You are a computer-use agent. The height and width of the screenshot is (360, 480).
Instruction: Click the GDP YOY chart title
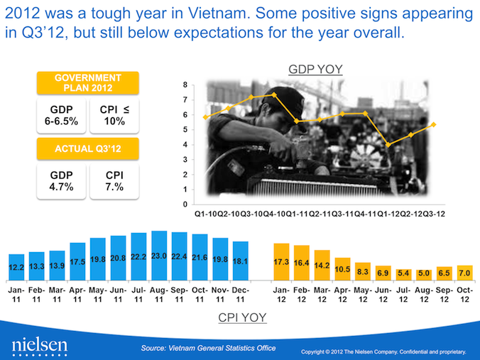coord(315,69)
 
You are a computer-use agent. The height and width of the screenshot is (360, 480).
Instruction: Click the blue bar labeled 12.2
coord(16,264)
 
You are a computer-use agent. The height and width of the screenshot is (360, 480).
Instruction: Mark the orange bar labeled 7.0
coord(465,269)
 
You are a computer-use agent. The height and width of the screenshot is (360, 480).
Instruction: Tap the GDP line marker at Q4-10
coord(274,94)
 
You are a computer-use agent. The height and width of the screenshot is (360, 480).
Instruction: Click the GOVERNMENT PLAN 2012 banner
coord(88,82)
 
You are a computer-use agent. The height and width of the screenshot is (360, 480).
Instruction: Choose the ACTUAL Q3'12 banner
coord(88,148)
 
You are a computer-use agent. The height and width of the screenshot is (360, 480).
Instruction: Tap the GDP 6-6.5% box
coord(60,115)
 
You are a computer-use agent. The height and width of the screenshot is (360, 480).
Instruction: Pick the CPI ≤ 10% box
coord(115,115)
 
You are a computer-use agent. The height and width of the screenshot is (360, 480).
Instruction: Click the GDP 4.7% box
coord(60,181)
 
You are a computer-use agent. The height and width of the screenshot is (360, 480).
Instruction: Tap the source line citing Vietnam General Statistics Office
coord(208,348)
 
